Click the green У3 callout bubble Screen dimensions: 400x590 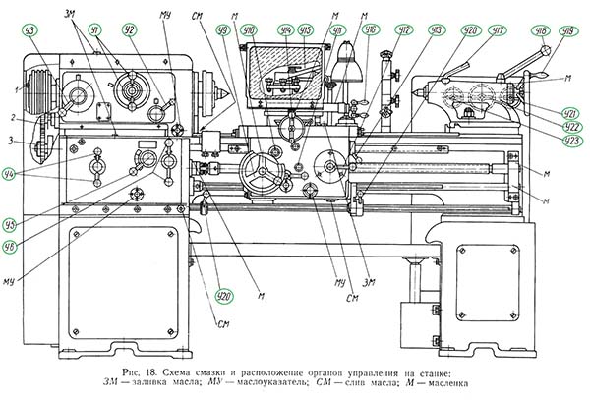pos(33,31)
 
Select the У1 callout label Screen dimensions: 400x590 pos(95,30)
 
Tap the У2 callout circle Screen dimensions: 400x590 pos(128,30)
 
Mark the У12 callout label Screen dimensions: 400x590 pos(404,30)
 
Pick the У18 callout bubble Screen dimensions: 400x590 pos(539,30)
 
